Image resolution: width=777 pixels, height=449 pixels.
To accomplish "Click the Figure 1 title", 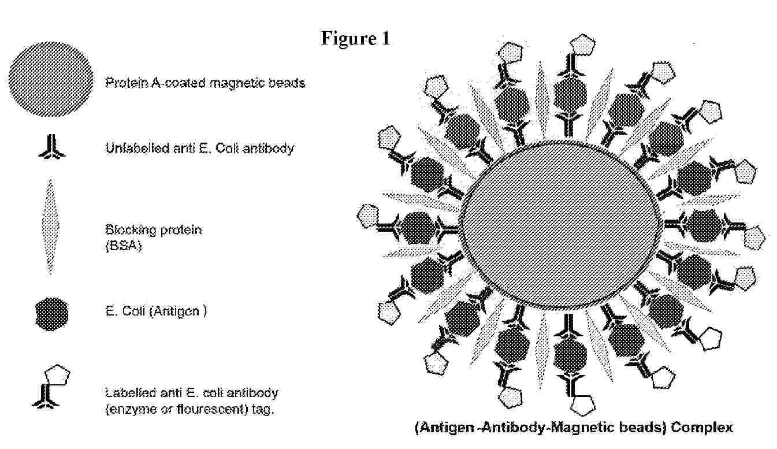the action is point(355,38).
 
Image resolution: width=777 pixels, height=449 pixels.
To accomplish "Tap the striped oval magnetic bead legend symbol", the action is point(51,79).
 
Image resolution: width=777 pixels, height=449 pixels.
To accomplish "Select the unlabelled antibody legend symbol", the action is point(51,147).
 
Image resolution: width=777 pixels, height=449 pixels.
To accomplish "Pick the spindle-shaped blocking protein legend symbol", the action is point(50,227).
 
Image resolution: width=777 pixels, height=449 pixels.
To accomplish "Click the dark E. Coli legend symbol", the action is point(51,314).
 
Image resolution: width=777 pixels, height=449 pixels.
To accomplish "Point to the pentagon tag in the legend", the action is point(58,375).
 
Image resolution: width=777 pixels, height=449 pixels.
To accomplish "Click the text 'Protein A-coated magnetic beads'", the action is point(205,83).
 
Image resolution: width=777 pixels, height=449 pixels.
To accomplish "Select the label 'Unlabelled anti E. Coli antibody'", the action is point(199,148).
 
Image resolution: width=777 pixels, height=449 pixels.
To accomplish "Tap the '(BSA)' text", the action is point(124,246).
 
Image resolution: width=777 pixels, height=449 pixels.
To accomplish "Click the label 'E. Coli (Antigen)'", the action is point(156,311).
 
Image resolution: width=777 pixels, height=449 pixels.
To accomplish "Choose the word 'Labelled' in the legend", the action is point(131,393).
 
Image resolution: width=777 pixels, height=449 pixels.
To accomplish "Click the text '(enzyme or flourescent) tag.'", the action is point(189,410).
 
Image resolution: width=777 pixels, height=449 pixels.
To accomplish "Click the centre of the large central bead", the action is point(561,225).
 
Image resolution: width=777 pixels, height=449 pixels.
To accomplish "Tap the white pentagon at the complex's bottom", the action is point(583,405).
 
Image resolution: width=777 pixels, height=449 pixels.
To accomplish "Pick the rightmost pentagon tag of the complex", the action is point(755,238).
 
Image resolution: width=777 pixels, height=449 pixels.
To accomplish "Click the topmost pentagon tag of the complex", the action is point(583,44).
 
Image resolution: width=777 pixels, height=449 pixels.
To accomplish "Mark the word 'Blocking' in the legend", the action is point(128,230).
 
